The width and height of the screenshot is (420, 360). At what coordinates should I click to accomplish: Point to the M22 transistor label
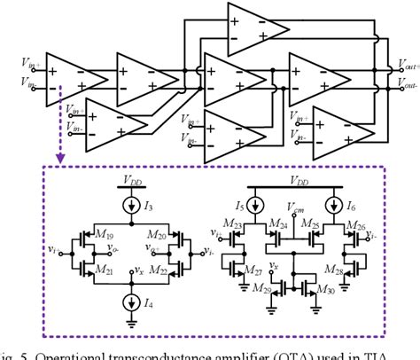coord(159,270)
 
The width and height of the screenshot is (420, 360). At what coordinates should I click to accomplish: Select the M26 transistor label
coord(354,228)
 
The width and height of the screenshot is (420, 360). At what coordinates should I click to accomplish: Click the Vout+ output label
coord(406,66)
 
